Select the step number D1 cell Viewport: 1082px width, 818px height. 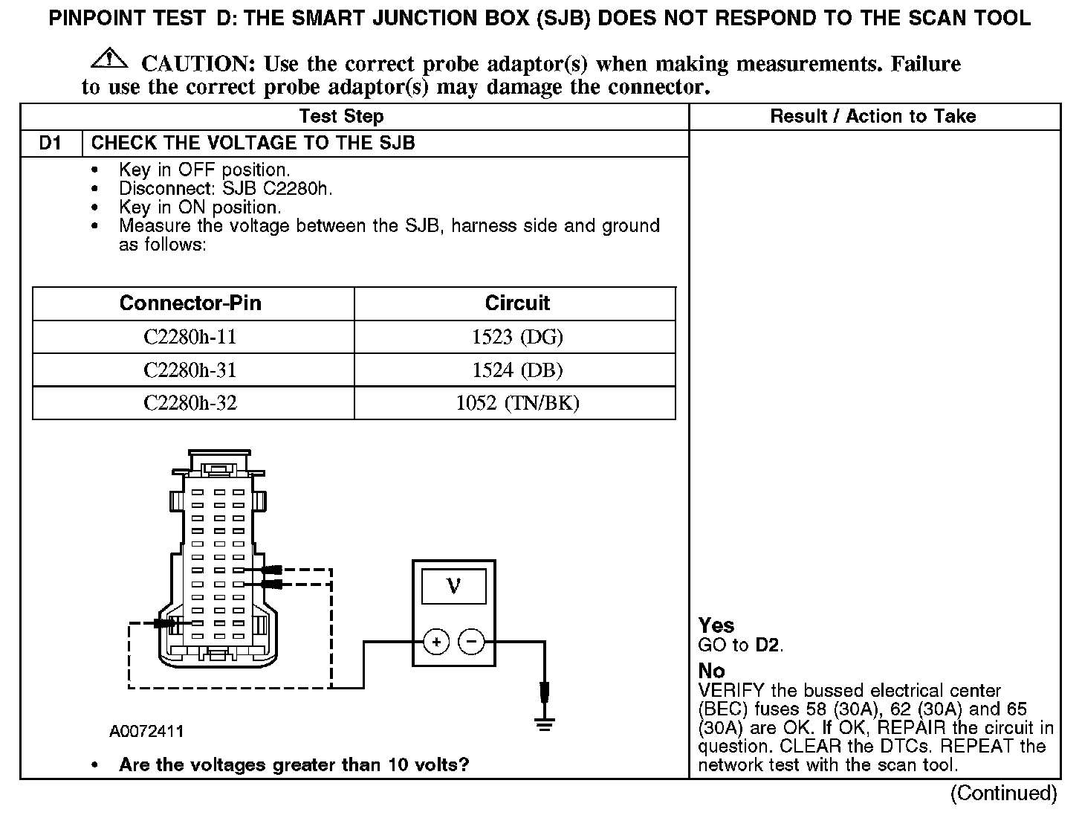click(51, 143)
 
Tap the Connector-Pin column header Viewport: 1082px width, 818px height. click(190, 303)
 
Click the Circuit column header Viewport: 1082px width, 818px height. click(517, 303)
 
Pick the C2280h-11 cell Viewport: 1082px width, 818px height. click(190, 337)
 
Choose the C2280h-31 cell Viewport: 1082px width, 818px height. click(190, 370)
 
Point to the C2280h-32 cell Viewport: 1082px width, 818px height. click(190, 403)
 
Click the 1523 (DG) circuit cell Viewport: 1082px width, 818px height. click(517, 337)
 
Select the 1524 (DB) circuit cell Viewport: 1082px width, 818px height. click(517, 370)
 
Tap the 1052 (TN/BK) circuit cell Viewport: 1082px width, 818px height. click(517, 403)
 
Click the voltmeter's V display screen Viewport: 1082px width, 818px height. click(453, 587)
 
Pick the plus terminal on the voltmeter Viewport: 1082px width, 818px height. click(437, 641)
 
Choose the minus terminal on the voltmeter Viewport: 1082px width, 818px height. click(471, 641)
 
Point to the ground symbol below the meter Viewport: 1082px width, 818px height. click(545, 724)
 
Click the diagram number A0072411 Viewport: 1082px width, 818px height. click(146, 732)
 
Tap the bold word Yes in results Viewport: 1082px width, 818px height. click(716, 626)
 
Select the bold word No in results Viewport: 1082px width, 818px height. click(711, 671)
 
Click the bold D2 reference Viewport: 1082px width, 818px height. click(768, 645)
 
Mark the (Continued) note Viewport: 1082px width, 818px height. click(1003, 793)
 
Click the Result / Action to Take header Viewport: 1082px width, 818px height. click(872, 116)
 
